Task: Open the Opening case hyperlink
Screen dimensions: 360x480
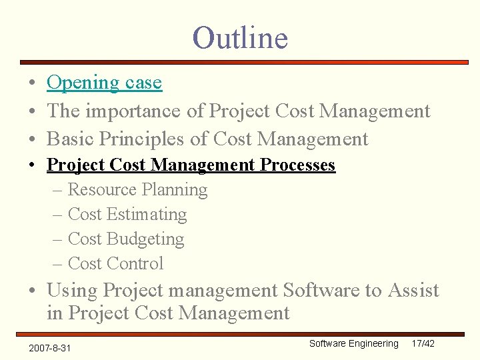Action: (x=104, y=83)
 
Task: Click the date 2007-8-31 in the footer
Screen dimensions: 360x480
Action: (x=51, y=348)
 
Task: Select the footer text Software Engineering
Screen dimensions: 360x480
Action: (x=353, y=343)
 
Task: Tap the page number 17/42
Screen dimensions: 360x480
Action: (x=423, y=343)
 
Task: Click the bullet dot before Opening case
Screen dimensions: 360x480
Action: (x=33, y=83)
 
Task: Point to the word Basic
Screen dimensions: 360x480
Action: (x=70, y=139)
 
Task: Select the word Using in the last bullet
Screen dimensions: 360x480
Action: (x=72, y=291)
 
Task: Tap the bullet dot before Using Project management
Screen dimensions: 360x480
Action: (x=33, y=291)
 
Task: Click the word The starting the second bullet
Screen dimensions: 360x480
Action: (x=63, y=111)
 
